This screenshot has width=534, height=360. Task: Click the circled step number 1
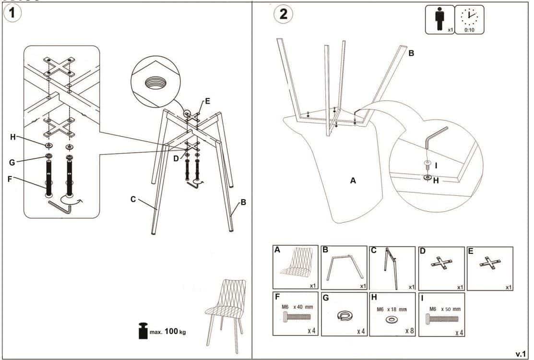pos(12,13)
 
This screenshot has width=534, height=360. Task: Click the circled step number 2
pos(283,13)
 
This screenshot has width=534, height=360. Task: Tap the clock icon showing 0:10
pos(469,19)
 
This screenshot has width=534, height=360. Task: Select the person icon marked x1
pos(440,19)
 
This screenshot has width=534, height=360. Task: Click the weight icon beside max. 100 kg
pos(143,331)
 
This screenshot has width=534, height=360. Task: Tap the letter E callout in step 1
pos(207,101)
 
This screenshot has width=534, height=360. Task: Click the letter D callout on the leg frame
pos(176,158)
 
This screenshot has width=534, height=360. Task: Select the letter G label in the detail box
pos(12,162)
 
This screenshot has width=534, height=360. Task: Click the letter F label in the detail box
pos(10,179)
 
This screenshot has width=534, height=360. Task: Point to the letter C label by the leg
pos(133,199)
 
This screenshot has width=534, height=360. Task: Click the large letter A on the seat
pos(354,180)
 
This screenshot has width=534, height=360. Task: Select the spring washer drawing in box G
pos(345,315)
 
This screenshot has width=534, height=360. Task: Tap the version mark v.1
pos(521,354)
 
